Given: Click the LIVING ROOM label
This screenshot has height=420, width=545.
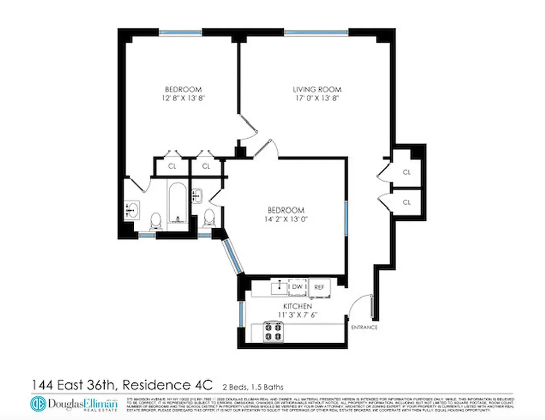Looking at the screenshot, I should pyautogui.click(x=317, y=89).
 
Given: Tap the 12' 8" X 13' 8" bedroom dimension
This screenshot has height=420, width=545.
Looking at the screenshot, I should pyautogui.click(x=183, y=98).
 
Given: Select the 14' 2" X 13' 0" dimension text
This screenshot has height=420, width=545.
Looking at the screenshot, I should pyautogui.click(x=285, y=219).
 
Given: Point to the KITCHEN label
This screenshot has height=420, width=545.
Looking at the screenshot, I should pyautogui.click(x=297, y=306).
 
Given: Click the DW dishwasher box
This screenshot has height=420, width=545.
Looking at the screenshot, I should pyautogui.click(x=297, y=287).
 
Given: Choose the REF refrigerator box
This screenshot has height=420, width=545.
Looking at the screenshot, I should pyautogui.click(x=319, y=287).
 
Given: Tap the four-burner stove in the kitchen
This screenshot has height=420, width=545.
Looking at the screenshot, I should pyautogui.click(x=273, y=331).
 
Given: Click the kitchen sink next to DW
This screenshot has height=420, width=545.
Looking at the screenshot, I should pyautogui.click(x=279, y=288).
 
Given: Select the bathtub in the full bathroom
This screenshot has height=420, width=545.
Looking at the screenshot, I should pyautogui.click(x=178, y=203).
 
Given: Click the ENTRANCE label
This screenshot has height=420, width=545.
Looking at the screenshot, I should pyautogui.click(x=364, y=327).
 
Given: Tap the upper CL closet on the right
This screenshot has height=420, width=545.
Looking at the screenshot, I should pyautogui.click(x=406, y=172).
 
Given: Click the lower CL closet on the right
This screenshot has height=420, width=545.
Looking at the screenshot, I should pyautogui.click(x=406, y=202).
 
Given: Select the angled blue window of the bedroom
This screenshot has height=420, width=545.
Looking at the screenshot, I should pyautogui.click(x=233, y=256).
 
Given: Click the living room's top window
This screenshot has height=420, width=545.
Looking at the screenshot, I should pyautogui.click(x=316, y=33).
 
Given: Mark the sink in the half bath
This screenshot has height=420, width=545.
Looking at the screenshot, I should pyautogui.click(x=196, y=195).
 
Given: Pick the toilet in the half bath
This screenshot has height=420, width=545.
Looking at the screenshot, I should pyautogui.click(x=209, y=217).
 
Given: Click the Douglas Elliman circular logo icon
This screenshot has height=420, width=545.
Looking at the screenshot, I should pyautogui.click(x=38, y=403).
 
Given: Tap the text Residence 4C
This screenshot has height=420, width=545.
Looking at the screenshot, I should pyautogui.click(x=167, y=385).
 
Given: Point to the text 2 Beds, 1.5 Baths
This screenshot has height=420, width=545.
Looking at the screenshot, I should pyautogui.click(x=253, y=387).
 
